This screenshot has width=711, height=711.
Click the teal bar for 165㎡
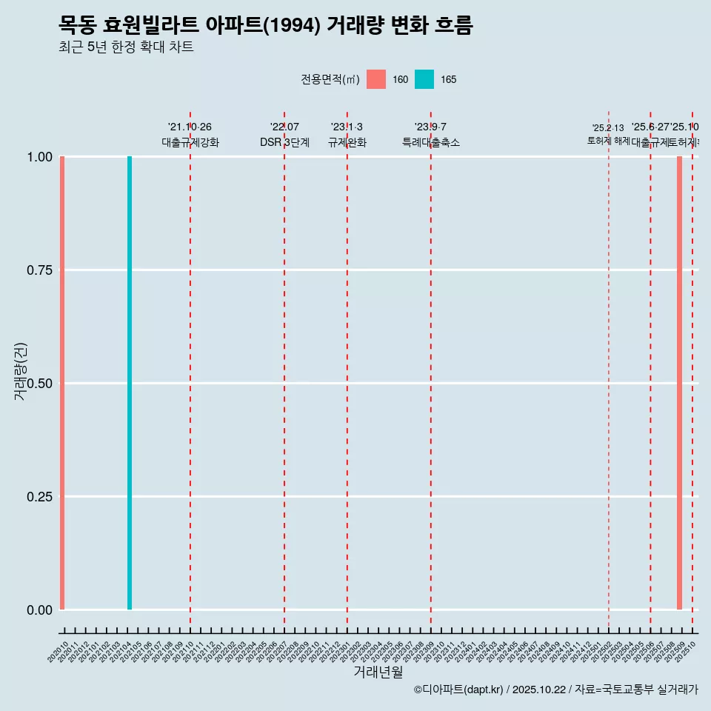(130, 383)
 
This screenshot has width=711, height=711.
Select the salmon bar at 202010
(62, 383)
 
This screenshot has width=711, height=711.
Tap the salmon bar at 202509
(679, 383)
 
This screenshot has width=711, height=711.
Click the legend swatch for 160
(376, 79)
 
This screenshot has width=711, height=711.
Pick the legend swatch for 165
(424, 79)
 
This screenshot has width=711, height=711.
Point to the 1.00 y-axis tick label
(39, 157)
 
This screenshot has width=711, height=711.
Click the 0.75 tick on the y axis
(39, 270)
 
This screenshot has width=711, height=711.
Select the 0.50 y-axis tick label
(39, 384)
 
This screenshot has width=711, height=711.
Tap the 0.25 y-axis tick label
(39, 497)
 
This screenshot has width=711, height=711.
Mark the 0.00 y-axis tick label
(39, 610)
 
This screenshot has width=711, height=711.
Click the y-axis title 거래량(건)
(21, 372)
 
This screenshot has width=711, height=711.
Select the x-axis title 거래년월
(378, 672)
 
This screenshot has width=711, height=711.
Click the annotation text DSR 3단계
(284, 142)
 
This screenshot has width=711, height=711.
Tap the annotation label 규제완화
(347, 142)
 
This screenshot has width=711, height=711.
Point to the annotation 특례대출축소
(430, 142)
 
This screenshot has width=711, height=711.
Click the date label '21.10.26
(190, 127)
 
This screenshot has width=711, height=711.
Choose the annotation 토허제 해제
(608, 140)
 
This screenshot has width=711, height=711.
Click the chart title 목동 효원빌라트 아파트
(265, 25)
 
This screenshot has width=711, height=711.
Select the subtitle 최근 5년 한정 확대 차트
(126, 47)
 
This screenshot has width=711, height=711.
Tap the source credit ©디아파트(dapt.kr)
(458, 690)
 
